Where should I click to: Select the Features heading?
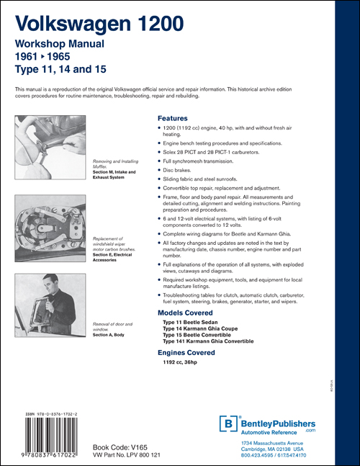point(172,118)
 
